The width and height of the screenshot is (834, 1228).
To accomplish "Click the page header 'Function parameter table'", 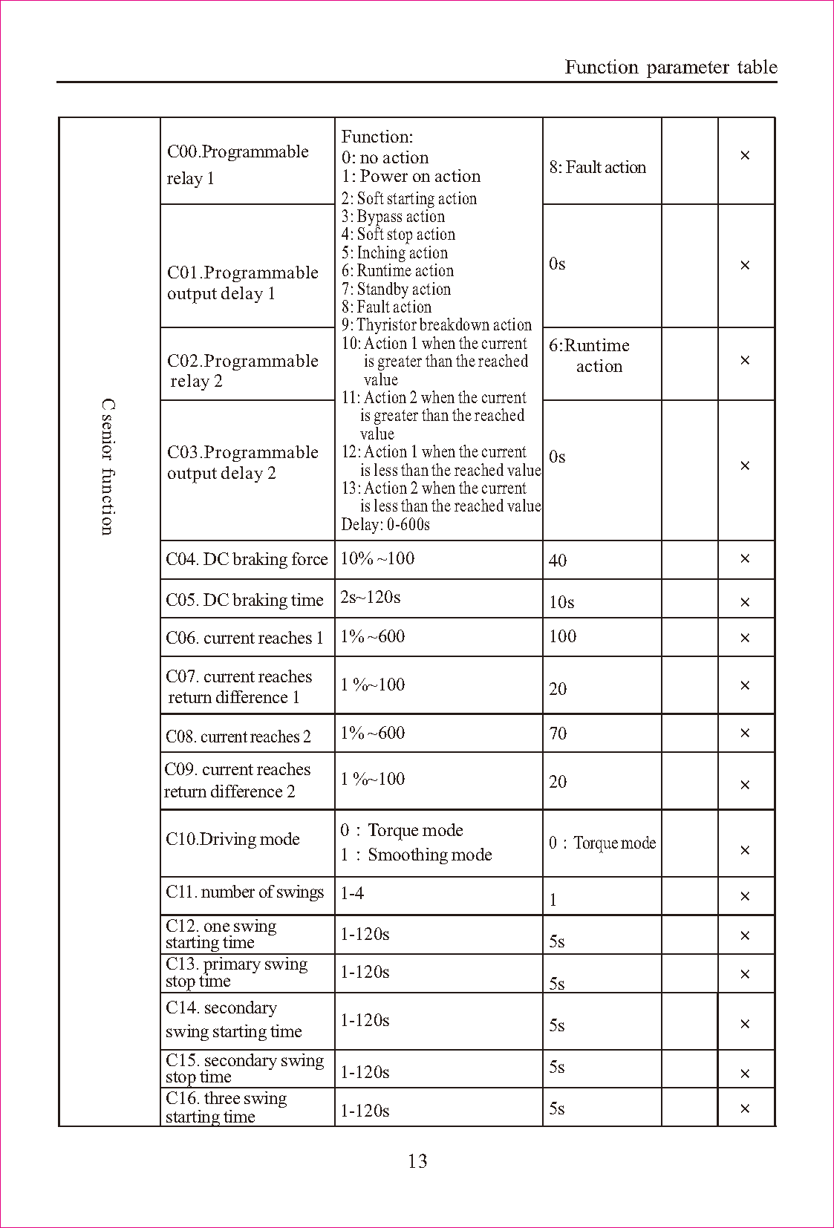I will pyautogui.click(x=671, y=68).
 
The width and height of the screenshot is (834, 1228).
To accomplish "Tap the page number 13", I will pyautogui.click(x=417, y=1161).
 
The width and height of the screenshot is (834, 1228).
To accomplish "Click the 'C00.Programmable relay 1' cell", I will pyautogui.click(x=238, y=164).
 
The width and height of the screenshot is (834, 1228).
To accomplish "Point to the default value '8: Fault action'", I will pyautogui.click(x=598, y=168).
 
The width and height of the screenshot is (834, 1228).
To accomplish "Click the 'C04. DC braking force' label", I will pyautogui.click(x=247, y=559).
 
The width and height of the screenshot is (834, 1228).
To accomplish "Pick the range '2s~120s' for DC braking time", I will pyautogui.click(x=371, y=597).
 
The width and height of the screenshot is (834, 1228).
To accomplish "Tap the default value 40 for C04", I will pyautogui.click(x=558, y=561).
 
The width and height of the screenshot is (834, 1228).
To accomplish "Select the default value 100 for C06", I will pyautogui.click(x=563, y=636).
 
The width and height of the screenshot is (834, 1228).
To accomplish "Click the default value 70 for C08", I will pyautogui.click(x=558, y=734).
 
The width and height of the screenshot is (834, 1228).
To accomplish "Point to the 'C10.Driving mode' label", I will pyautogui.click(x=232, y=839).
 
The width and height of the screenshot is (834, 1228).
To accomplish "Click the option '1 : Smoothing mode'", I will pyautogui.click(x=417, y=855).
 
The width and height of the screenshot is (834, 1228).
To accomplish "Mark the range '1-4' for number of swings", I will pyautogui.click(x=352, y=893).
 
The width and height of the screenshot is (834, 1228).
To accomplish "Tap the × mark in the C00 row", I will pyautogui.click(x=745, y=155).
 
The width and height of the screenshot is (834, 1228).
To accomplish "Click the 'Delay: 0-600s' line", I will pyautogui.click(x=385, y=524).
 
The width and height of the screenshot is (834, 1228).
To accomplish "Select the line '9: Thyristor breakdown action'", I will pyautogui.click(x=437, y=325).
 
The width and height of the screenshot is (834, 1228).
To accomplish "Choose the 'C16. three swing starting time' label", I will pyautogui.click(x=226, y=1107).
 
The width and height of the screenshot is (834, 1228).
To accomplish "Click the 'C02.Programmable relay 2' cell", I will pyautogui.click(x=242, y=370).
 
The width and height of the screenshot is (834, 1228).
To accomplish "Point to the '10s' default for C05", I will pyautogui.click(x=561, y=602).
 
